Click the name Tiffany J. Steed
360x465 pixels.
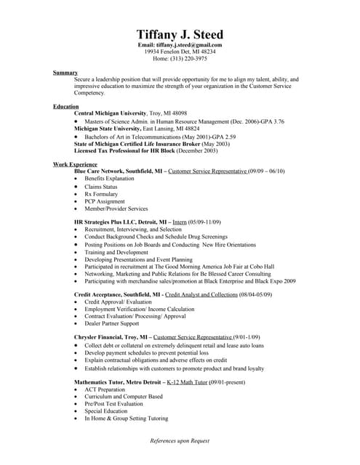[x=180, y=35]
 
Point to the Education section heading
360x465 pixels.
[x=66, y=106]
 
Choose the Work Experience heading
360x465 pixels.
[x=75, y=165]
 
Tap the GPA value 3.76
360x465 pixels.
[x=274, y=121]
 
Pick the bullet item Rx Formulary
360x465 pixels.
[x=101, y=194]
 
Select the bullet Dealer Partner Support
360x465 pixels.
[x=112, y=324]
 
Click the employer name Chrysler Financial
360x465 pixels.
[x=102, y=338]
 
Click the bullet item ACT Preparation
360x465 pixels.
[x=105, y=389]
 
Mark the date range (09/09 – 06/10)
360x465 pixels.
[x=266, y=171]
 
